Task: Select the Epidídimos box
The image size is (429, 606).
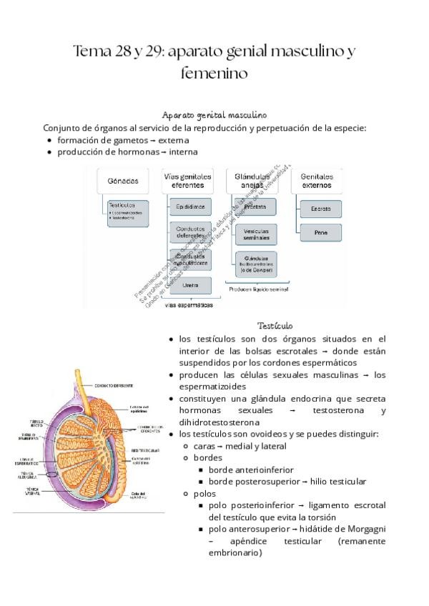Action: (189, 208)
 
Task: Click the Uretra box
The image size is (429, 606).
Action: (190, 285)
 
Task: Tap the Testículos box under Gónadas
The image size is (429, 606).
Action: (129, 211)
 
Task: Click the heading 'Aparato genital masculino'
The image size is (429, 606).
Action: (214, 114)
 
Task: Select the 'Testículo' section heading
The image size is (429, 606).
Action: (275, 324)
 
